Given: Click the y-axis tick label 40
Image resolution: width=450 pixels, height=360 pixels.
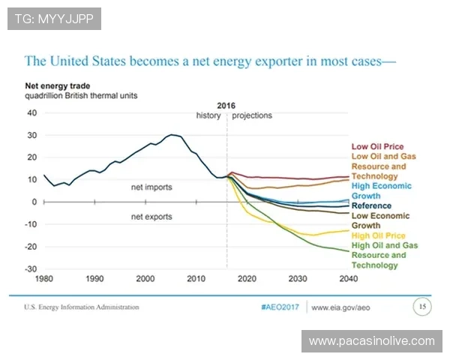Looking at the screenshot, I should [31, 112].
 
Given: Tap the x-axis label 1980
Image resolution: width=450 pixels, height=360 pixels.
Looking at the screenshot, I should [43, 279].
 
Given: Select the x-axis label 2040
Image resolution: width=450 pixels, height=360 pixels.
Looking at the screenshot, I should [349, 279].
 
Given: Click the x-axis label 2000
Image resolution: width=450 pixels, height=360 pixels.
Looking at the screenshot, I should [145, 279].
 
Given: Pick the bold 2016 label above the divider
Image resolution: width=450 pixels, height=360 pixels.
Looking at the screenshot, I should [226, 106].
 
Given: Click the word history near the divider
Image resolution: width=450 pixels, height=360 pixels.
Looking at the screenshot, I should [208, 115].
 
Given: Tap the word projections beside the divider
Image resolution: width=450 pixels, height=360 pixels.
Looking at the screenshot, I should [252, 115].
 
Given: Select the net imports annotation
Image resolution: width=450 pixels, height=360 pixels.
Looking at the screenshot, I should [151, 187].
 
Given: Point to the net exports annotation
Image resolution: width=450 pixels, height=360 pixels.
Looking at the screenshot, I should [151, 217].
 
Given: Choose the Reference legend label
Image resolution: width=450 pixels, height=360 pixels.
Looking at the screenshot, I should [371, 205].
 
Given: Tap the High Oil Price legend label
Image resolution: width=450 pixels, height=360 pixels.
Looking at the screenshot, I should [379, 235].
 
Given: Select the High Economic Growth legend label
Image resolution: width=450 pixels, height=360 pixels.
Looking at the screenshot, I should [381, 190].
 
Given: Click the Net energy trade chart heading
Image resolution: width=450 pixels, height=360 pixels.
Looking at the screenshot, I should [58, 86].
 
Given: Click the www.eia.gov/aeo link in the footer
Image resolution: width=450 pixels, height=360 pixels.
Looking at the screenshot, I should [342, 307].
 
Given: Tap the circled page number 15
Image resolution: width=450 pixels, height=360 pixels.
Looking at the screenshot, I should [422, 306].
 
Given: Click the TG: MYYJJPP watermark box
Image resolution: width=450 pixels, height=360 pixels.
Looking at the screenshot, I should [54, 18].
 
